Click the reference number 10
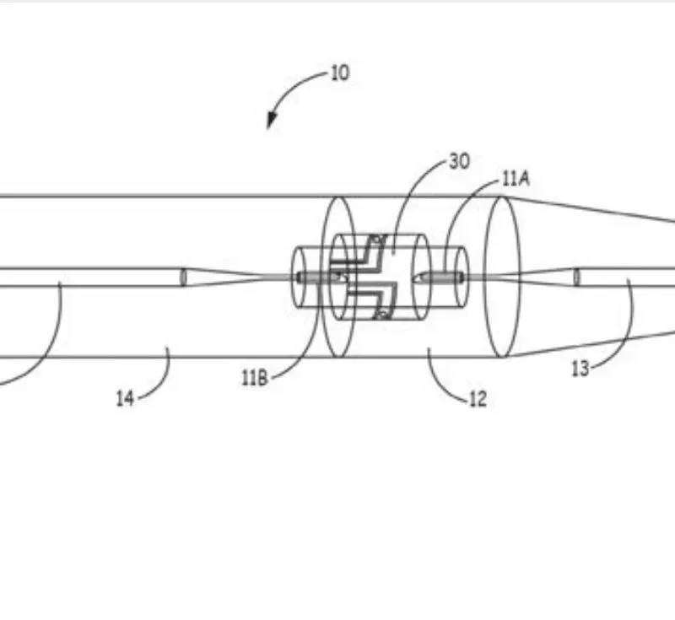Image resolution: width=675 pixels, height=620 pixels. point(340,73)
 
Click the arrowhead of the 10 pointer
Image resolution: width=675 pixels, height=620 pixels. point(271,120)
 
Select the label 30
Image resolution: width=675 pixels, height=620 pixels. point(459,162)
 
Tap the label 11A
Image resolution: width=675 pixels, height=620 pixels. point(516,179)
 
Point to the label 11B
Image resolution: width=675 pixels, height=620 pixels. point(255,378)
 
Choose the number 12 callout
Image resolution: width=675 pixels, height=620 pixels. point(478,399)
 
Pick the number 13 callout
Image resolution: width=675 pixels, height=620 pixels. point(580,369)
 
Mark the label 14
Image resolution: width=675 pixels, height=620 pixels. point(125,398)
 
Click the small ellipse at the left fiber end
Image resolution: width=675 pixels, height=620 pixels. point(183,277)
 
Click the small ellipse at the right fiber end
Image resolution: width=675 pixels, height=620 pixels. point(577,277)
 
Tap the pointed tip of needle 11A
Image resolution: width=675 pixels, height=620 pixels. point(415,278)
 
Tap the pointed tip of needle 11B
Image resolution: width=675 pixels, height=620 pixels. point(347,278)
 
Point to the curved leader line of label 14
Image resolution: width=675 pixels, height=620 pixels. point(161,379)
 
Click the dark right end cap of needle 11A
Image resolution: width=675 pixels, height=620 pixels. point(461,278)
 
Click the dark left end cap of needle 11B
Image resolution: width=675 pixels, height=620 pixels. point(300,278)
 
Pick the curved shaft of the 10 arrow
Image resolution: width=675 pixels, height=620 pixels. point(293,86)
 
